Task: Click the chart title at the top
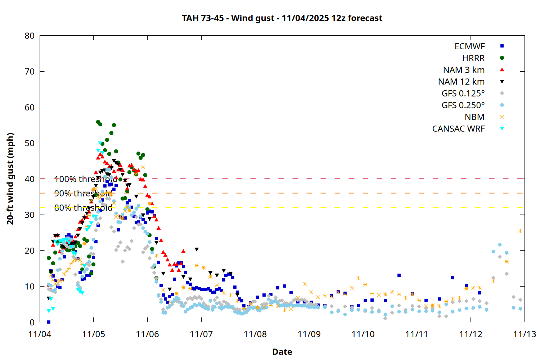(x=282, y=18)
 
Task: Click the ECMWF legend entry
(x=469, y=46)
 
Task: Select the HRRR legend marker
(x=502, y=58)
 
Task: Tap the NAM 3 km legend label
(x=464, y=70)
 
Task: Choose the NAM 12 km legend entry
(x=461, y=82)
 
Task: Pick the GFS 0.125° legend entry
(x=463, y=94)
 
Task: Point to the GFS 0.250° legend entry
(x=463, y=105)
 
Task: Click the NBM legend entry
(x=474, y=117)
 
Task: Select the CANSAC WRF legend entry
(x=458, y=129)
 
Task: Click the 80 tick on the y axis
(x=30, y=36)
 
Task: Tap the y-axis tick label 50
(x=30, y=143)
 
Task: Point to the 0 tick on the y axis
(x=32, y=322)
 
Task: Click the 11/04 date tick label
(x=40, y=334)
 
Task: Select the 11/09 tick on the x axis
(x=309, y=334)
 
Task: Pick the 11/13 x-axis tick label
(x=524, y=334)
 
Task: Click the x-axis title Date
(x=282, y=352)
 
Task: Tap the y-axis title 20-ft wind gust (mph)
(x=10, y=179)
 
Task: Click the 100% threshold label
(x=86, y=179)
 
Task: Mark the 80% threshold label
(x=83, y=208)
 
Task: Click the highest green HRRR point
(x=98, y=122)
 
